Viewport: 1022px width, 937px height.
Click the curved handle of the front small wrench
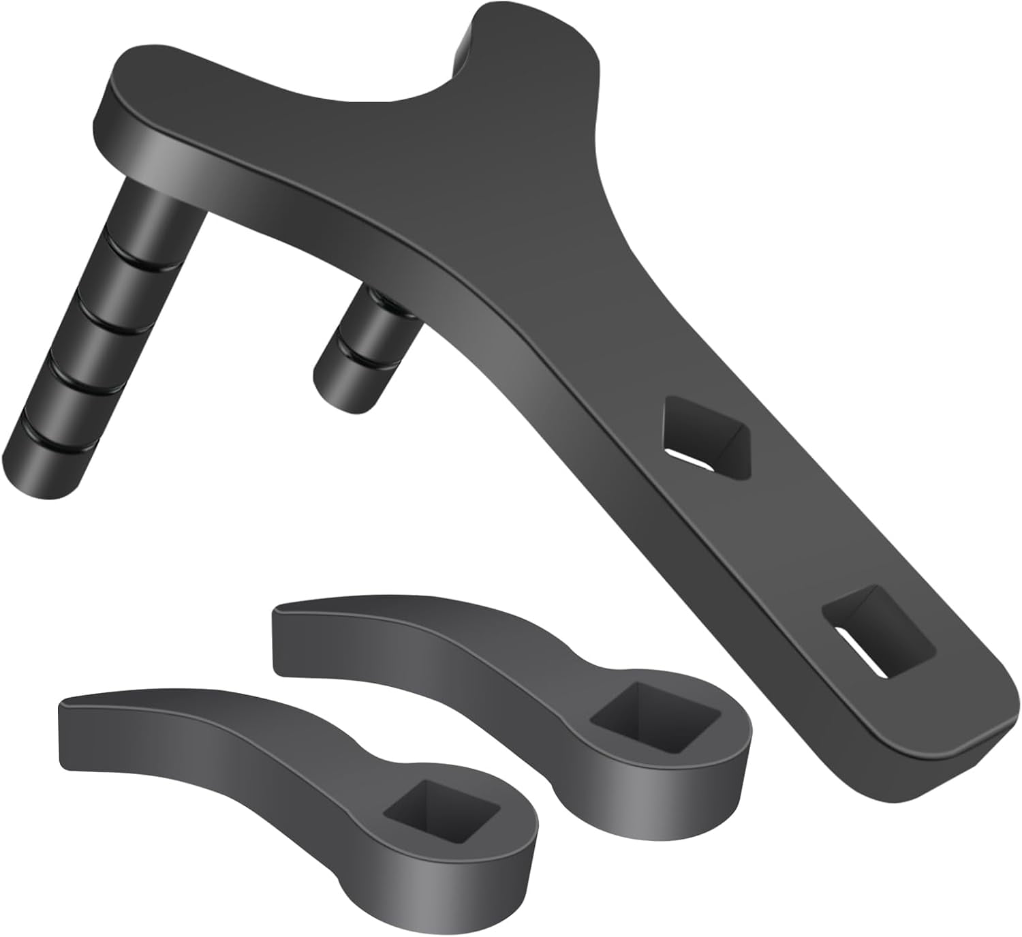point(225,743)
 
